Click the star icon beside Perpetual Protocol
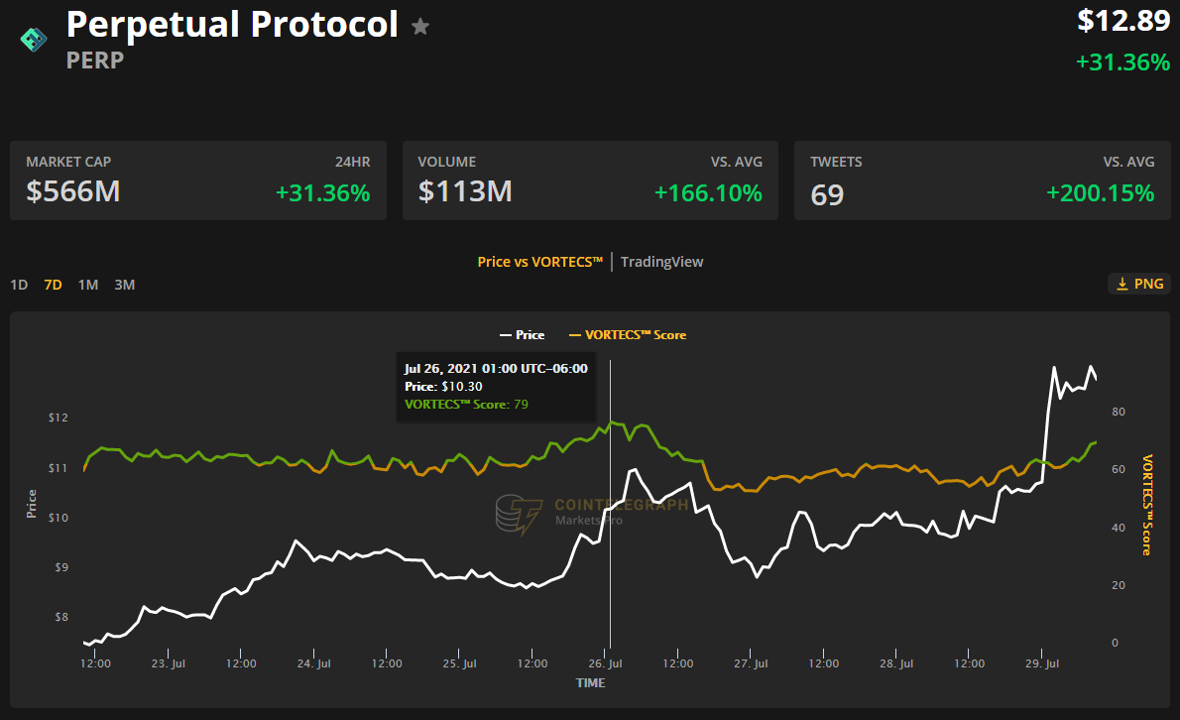pyautogui.click(x=420, y=27)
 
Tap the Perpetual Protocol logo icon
pyautogui.click(x=34, y=39)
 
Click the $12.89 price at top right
pyautogui.click(x=1123, y=21)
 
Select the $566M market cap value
pyautogui.click(x=73, y=191)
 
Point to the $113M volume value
pyautogui.click(x=465, y=191)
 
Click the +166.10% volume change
pyautogui.click(x=708, y=193)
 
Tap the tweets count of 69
pyautogui.click(x=827, y=194)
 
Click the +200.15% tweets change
pyautogui.click(x=1100, y=193)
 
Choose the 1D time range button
pyautogui.click(x=19, y=285)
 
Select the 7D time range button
pyautogui.click(x=54, y=285)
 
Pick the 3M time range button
pyautogui.click(x=124, y=285)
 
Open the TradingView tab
pyautogui.click(x=661, y=262)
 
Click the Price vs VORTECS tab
pyautogui.click(x=539, y=262)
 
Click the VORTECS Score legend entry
pyautogui.click(x=628, y=335)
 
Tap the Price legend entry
pyautogui.click(x=523, y=335)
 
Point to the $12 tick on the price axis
pyautogui.click(x=58, y=418)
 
